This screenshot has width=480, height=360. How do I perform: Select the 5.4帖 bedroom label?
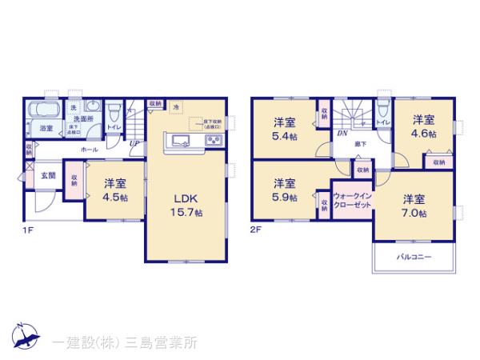coord(284,130)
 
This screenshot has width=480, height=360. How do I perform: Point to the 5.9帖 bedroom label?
coord(284,189)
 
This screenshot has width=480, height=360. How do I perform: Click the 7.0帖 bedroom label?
coord(414,205)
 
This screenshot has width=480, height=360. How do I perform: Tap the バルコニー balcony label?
coord(414,258)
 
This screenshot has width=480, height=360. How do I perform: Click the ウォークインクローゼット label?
coord(353,201)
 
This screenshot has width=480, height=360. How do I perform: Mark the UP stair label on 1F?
coord(133,144)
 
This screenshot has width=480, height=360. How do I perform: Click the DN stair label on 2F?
coord(342,133)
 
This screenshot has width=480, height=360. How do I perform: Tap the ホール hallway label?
coord(89,150)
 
